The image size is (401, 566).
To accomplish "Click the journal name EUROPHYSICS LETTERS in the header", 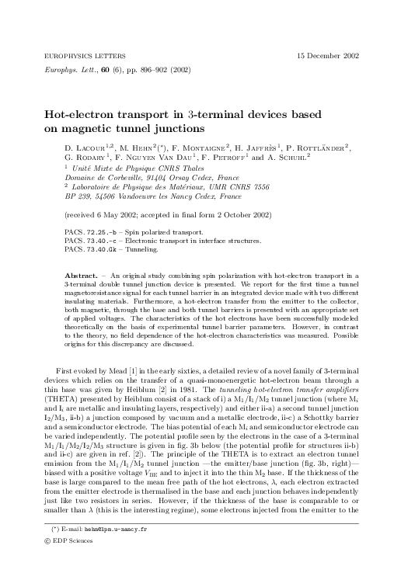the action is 75,57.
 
